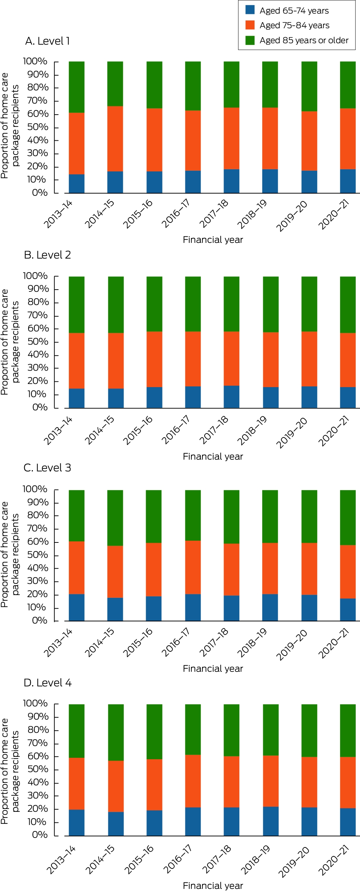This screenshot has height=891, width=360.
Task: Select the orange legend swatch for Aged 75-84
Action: click(250, 25)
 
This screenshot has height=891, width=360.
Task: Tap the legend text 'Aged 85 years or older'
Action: click(304, 40)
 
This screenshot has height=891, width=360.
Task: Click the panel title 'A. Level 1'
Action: click(47, 41)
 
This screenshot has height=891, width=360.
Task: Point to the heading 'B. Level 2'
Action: click(47, 255)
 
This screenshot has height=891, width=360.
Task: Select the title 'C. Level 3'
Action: click(47, 468)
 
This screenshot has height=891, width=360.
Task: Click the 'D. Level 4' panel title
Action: click(47, 683)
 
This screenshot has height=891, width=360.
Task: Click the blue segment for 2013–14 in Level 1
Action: click(77, 184)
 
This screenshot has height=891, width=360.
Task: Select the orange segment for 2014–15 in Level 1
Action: click(115, 139)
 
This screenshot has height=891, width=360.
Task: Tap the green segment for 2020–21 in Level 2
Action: click(348, 305)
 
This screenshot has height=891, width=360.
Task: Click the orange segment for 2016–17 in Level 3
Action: click(193, 567)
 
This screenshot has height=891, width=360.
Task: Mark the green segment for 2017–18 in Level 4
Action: click(231, 731)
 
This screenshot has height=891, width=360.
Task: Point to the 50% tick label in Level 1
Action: click(38, 127)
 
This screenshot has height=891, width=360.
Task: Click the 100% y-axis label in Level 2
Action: click(35, 276)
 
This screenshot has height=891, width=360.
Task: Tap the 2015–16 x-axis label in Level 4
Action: click(139, 859)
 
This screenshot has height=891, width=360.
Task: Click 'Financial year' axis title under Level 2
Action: click(213, 456)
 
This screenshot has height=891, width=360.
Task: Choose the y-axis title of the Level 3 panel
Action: click(10, 555)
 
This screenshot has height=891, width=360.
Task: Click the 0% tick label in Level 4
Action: click(40, 835)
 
